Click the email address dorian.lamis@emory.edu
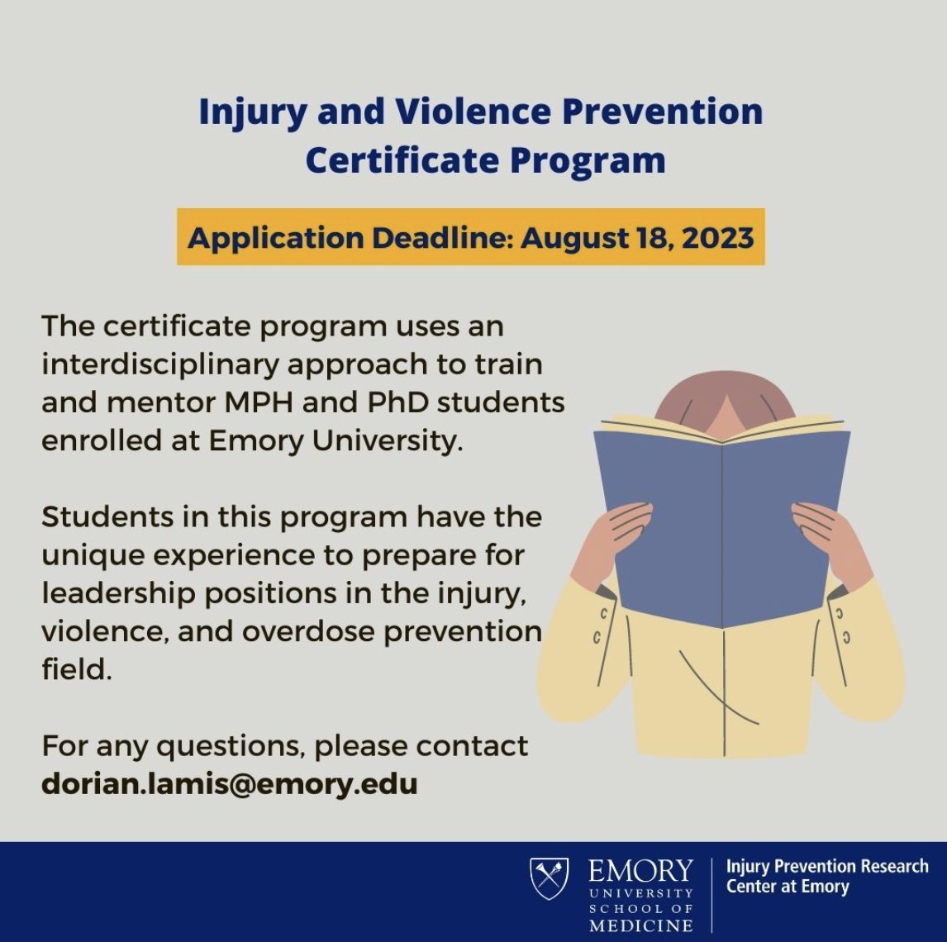[x=229, y=783]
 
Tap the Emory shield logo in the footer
[x=549, y=878]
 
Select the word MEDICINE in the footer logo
[x=640, y=925]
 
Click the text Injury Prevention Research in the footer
[x=826, y=867]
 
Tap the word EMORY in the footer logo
[x=640, y=871]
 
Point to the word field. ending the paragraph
[x=75, y=669]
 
